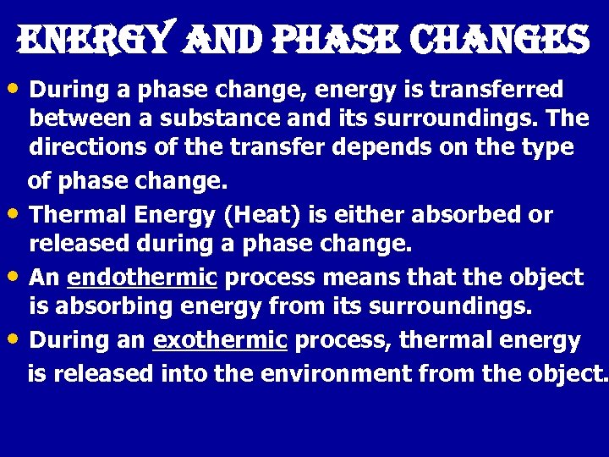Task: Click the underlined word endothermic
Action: click(142, 278)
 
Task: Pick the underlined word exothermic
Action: click(220, 341)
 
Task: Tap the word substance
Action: click(198, 119)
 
